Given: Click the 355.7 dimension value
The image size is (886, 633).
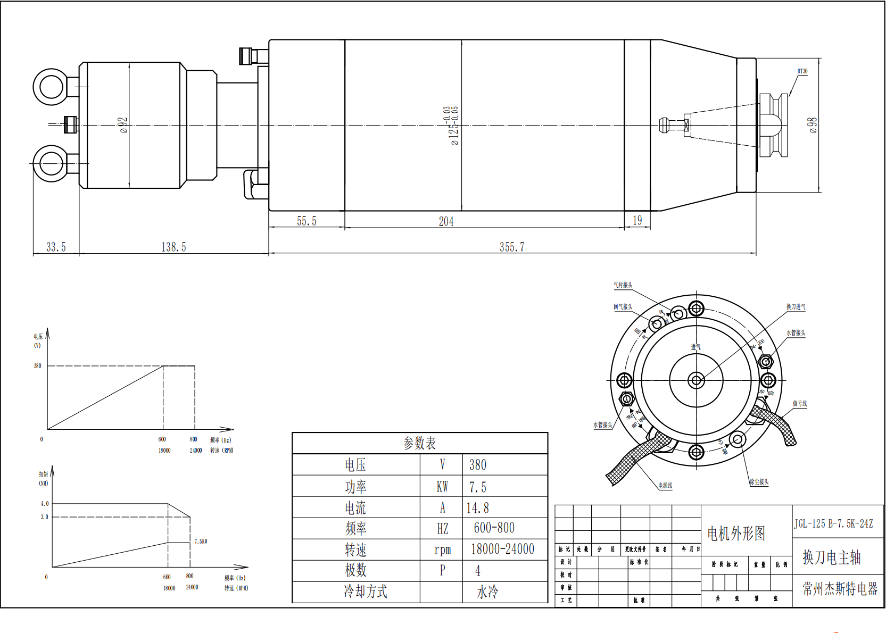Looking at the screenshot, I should [x=511, y=247].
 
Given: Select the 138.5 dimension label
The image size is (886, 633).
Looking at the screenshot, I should [x=173, y=247].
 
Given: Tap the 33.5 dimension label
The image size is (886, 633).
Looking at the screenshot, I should [x=56, y=247].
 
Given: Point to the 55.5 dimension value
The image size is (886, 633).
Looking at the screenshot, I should [x=307, y=221].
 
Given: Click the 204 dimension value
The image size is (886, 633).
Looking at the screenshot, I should [x=446, y=221].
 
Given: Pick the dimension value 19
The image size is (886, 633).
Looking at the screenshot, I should [x=637, y=220].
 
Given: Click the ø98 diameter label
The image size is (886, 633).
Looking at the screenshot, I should [x=812, y=125].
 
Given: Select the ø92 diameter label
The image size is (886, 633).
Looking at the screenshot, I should [x=123, y=125].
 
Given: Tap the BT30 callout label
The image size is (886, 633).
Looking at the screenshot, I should [x=802, y=71].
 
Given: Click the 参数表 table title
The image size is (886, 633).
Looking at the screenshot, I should [x=419, y=443].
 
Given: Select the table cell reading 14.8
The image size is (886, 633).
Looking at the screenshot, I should [x=477, y=508].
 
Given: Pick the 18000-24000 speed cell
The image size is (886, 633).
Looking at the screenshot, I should [x=502, y=549].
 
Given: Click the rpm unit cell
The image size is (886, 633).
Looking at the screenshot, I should [x=442, y=549].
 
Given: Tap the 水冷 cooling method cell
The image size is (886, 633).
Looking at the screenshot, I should [x=487, y=592].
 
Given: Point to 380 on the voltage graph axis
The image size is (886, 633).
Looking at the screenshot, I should [x=37, y=366].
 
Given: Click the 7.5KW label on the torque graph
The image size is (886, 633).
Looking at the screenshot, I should [x=201, y=542].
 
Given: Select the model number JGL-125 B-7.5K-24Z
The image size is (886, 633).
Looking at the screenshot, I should [x=833, y=524].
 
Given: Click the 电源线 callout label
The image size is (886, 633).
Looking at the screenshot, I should [x=665, y=485].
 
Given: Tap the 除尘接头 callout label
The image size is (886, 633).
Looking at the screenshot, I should [x=759, y=482].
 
